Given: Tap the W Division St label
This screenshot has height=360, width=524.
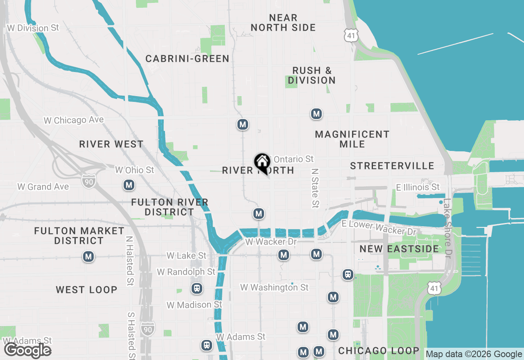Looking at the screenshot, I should [33, 28].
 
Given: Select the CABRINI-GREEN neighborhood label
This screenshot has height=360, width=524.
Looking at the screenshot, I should [187, 59].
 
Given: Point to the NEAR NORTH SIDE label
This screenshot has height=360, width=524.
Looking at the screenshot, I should [283, 23].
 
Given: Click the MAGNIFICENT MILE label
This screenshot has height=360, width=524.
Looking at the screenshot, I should [352, 139].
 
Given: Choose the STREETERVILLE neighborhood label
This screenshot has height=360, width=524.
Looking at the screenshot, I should [392, 166].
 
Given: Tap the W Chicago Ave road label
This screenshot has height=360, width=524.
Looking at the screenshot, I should [74, 120].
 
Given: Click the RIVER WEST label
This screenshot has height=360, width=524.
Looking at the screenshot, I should [111, 144].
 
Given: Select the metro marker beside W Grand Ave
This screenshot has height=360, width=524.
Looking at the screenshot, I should [129, 185].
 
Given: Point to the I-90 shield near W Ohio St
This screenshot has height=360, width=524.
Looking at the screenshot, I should [88, 180].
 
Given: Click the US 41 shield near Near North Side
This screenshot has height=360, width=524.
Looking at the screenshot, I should [350, 35].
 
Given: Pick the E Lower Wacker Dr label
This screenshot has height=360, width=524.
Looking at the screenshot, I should [379, 227].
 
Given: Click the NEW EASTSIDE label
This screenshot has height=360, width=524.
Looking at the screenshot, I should [399, 249].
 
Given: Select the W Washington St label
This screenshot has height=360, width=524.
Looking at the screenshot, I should [274, 288].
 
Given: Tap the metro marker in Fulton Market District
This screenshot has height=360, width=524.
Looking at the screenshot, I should [88, 257].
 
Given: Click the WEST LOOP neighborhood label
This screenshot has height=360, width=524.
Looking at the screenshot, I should [87, 290].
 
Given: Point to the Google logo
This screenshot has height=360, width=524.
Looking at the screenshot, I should [28, 351].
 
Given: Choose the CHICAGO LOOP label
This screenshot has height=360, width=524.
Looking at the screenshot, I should [379, 351].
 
